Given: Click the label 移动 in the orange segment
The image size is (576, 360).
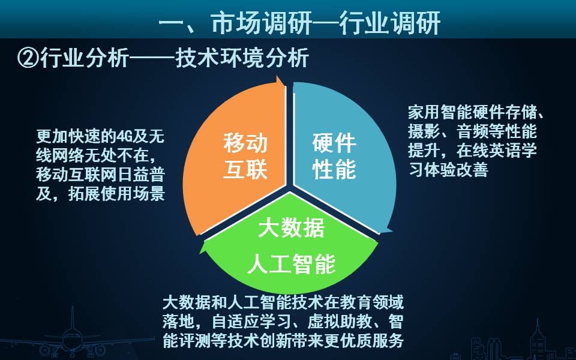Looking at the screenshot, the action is [245, 143].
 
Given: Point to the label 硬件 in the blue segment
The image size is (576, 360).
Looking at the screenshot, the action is [334, 143].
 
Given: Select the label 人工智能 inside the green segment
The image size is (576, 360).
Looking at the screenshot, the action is [292, 264].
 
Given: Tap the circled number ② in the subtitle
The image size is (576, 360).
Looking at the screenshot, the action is [28, 58].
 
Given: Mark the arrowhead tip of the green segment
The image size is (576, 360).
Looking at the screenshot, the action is [200, 253].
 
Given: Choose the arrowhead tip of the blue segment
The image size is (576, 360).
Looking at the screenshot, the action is [392, 231].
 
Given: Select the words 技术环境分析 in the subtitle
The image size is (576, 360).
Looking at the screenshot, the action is [242, 58].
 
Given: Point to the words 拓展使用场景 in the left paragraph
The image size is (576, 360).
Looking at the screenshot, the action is [116, 194].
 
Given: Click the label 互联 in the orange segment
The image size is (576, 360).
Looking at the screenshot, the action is [245, 169].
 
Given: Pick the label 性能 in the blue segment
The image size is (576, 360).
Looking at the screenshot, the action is [334, 169].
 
